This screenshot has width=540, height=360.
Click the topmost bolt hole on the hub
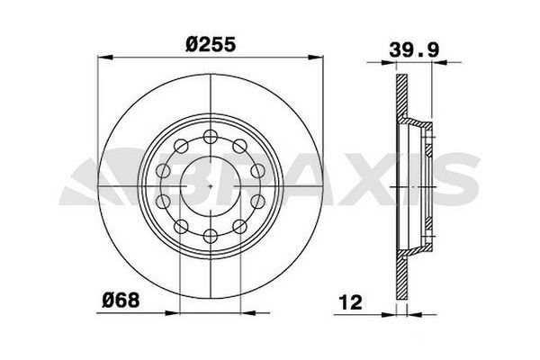(x=209, y=135)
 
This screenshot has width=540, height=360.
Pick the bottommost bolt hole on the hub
(x=209, y=237)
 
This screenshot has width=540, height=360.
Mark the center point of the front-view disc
(x=209, y=186)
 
